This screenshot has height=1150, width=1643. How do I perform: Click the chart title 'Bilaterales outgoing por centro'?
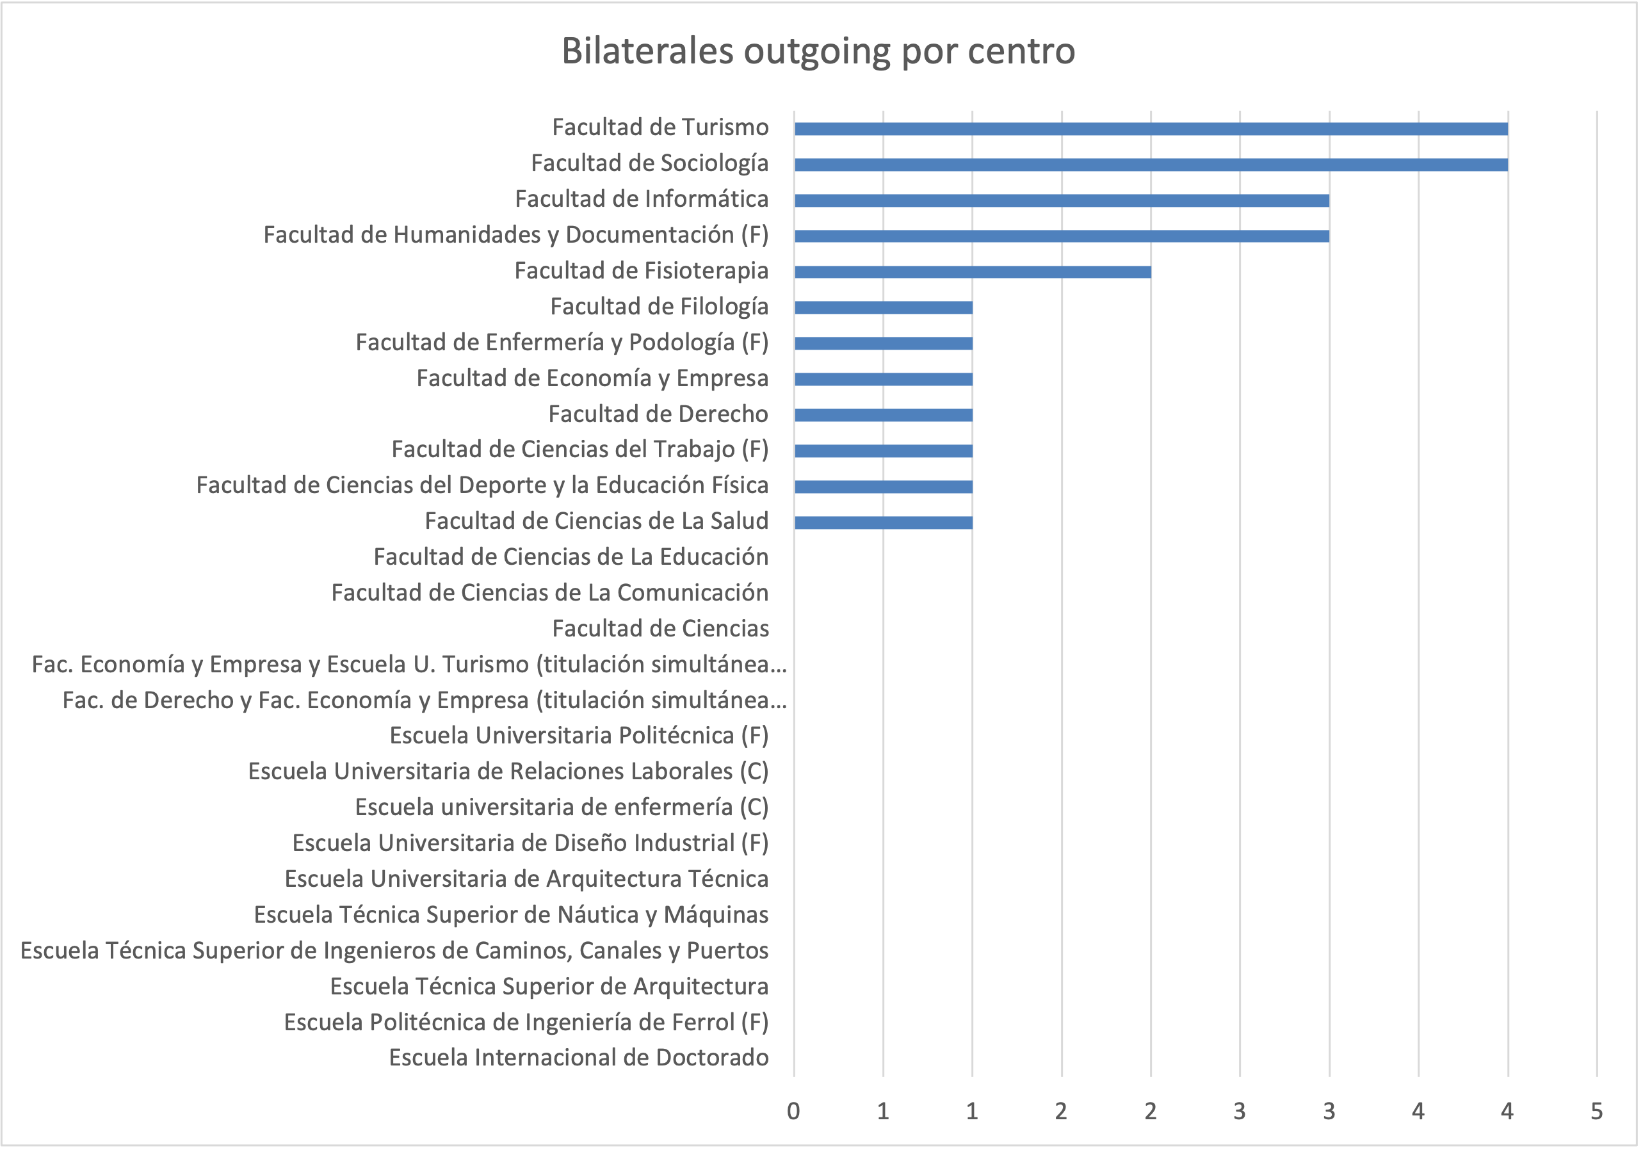(x=818, y=51)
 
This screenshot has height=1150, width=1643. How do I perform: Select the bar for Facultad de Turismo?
(x=1151, y=129)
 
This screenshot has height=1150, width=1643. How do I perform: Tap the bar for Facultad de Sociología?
(x=1151, y=165)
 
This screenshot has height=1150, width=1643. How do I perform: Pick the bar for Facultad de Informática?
(x=1061, y=200)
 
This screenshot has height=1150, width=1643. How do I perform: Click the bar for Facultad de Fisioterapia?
(x=973, y=272)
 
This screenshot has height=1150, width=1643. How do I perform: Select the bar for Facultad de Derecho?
(x=883, y=415)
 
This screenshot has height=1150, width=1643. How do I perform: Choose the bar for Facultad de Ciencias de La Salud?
(x=883, y=522)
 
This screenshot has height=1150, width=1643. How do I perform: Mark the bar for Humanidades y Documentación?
(x=1061, y=236)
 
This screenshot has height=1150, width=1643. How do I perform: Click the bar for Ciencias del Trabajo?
(x=883, y=451)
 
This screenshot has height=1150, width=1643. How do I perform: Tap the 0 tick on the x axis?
(x=793, y=1112)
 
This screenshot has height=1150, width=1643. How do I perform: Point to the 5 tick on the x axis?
(x=1596, y=1112)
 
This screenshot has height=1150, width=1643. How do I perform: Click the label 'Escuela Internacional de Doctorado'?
(x=578, y=1058)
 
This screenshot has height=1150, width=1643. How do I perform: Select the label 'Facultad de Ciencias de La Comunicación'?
(x=549, y=592)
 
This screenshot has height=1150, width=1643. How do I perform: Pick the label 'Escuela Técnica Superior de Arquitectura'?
(x=549, y=986)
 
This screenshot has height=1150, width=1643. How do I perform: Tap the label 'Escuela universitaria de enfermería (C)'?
(x=562, y=807)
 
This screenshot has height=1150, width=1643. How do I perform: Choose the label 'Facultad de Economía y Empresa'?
(x=592, y=378)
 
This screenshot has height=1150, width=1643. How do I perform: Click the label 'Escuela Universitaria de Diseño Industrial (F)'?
(x=530, y=843)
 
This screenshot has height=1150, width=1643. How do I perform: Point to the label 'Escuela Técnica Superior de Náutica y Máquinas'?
(x=511, y=914)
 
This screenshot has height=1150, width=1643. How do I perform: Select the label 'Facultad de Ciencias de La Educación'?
(x=571, y=557)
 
